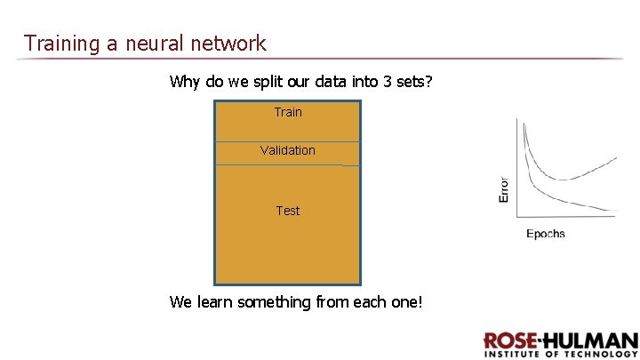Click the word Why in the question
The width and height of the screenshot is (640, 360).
pos(185,82)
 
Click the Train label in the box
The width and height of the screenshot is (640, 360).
pos(288,112)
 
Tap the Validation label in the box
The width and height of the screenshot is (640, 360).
pos(288,150)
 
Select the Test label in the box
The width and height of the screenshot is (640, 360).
pos(288,211)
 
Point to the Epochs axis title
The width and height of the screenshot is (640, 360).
pos(545,234)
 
